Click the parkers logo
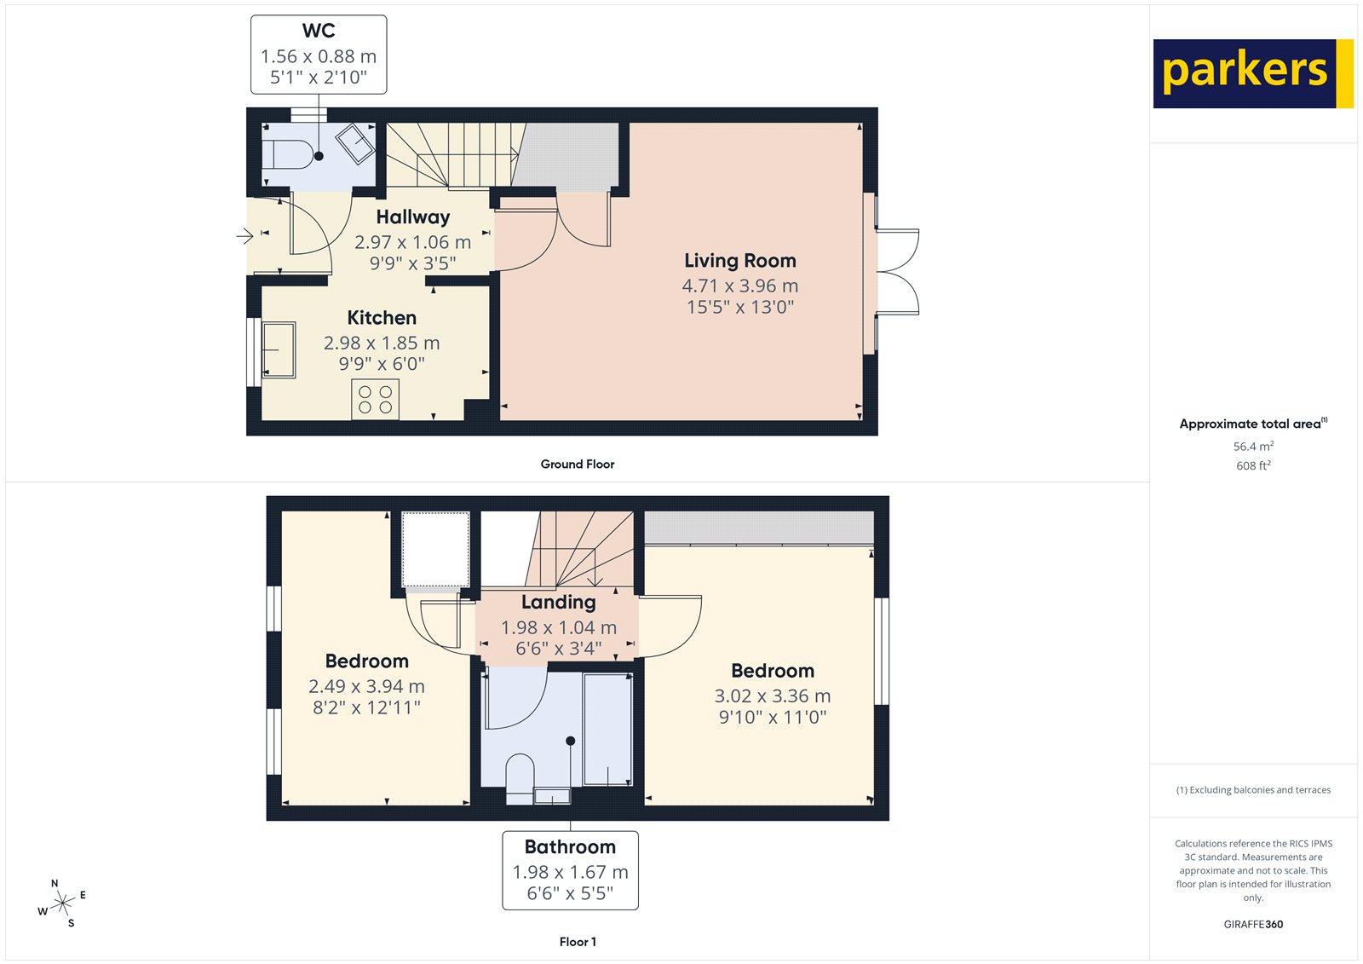pos(1252,73)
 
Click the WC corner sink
pos(355,142)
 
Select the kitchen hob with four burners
pos(375,400)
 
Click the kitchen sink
pos(278,349)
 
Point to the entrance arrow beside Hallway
pos(244,236)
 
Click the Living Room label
pos(739,261)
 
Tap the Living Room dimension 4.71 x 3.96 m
pos(739,286)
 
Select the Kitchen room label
pos(382,318)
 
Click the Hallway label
pos(412,217)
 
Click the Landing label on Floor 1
pos(558,603)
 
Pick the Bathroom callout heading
pos(570,847)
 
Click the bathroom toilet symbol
pos(519,777)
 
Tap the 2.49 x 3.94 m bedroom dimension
pos(366,687)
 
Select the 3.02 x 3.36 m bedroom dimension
pos(772,696)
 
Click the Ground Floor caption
pos(577,465)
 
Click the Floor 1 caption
pos(578,942)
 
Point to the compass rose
pos(62,903)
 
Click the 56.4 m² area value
pos(1253,447)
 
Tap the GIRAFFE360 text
pos(1253,924)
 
